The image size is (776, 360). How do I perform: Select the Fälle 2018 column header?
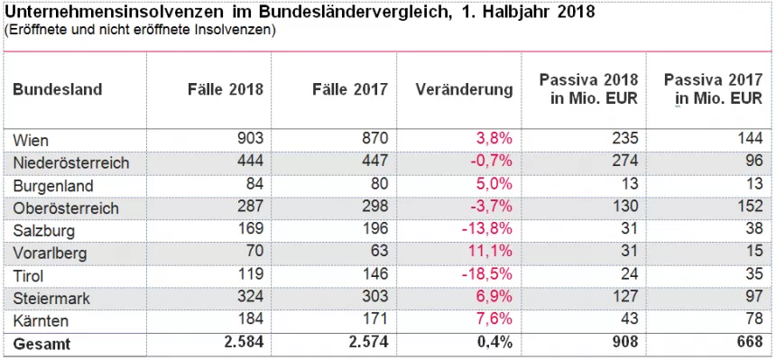click(x=226, y=89)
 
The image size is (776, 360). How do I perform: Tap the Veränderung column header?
click(x=465, y=89)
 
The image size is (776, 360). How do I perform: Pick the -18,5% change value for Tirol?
click(x=489, y=275)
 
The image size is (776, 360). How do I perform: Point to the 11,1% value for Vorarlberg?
click(x=492, y=253)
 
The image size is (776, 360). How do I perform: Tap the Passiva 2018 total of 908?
click(x=624, y=344)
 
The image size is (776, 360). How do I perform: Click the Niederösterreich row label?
click(x=70, y=162)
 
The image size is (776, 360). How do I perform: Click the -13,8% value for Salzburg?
click(x=489, y=230)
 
